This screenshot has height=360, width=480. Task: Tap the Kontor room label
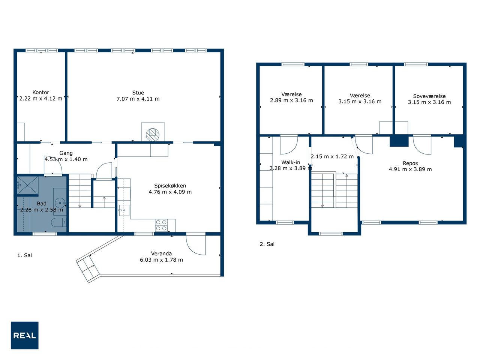point(40,92)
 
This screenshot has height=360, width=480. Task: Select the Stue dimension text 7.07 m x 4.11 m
point(138,99)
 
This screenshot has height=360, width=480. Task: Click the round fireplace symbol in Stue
point(153,135)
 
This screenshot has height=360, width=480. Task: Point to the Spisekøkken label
point(170,186)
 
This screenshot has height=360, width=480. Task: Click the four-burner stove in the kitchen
point(161,225)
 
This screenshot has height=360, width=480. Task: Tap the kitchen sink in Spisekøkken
point(124,210)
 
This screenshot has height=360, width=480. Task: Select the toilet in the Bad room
point(58,222)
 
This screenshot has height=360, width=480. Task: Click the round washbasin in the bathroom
point(60,203)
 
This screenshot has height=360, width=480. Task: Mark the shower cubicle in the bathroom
point(28,185)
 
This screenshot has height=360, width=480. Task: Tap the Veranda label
point(161,253)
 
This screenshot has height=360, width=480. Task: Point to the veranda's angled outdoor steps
point(88,269)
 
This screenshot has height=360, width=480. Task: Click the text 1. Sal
point(25,255)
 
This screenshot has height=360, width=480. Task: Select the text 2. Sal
point(267,244)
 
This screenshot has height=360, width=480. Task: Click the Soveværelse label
point(429,96)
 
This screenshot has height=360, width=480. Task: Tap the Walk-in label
point(291,162)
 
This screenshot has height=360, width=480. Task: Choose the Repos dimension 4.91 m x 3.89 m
point(410,169)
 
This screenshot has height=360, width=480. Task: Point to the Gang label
point(66,153)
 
